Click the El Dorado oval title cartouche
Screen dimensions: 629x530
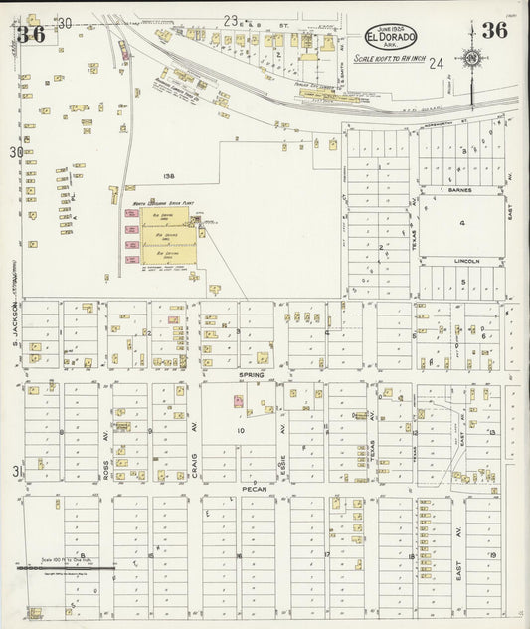(390, 36)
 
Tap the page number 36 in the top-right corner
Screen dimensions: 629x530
(494, 30)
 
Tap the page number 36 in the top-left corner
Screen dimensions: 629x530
(30, 36)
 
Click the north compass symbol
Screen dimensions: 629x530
(471, 59)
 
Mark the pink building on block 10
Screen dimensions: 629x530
(239, 401)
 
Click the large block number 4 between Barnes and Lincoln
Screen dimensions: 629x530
(462, 223)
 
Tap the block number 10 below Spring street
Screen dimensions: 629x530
(240, 430)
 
